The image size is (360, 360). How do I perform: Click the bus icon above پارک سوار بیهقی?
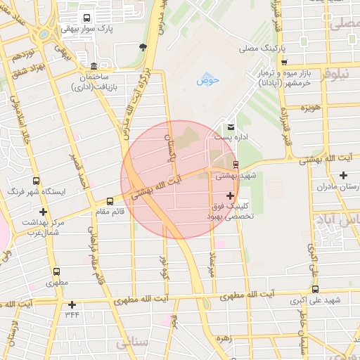coord(86,18)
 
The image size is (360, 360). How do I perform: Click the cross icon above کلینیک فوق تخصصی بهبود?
coord(230,195)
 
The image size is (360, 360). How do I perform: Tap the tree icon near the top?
coord(143,47)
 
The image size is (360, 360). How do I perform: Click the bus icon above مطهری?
coord(56,271)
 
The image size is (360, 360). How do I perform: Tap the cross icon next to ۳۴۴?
coord(72,304)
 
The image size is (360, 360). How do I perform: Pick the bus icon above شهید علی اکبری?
coord(314,289)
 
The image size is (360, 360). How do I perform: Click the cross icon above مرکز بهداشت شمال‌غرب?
coord(44,211)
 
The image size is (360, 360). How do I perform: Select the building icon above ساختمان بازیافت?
coord(94,65)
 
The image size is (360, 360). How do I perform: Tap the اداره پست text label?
coord(247,138)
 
